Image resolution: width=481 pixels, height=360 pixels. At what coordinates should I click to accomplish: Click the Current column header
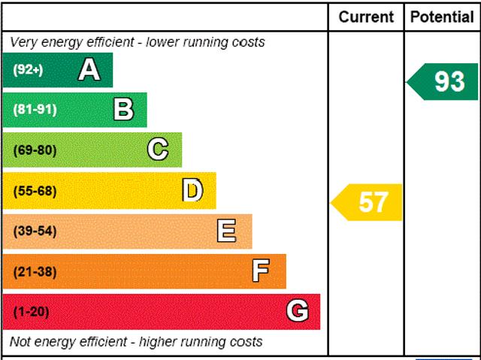[x=366, y=17]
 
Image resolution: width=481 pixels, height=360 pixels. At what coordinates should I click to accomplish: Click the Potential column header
[x=442, y=17]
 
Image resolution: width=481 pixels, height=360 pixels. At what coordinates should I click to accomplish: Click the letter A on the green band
[x=89, y=70]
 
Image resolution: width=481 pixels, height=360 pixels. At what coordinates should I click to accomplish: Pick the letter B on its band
[x=123, y=110]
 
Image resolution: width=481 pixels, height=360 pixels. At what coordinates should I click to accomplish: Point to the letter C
[x=158, y=150]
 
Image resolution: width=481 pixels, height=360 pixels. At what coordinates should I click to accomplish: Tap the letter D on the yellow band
[x=192, y=190]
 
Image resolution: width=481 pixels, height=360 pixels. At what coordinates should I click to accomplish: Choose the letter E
[x=226, y=231]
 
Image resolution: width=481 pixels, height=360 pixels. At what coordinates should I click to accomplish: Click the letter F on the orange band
[x=261, y=271]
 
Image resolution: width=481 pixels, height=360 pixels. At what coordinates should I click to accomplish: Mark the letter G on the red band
[x=298, y=311]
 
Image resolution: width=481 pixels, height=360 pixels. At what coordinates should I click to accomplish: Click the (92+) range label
[x=29, y=70]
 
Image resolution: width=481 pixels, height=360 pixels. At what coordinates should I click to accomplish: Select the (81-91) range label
[x=35, y=110]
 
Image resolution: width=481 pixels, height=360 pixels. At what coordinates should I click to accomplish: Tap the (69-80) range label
[x=35, y=150]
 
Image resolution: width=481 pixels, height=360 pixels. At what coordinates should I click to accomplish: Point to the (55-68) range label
[x=35, y=190]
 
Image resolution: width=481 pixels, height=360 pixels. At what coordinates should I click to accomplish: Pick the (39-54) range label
[x=35, y=231]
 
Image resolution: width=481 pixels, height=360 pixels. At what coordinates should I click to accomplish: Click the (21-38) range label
[x=35, y=271]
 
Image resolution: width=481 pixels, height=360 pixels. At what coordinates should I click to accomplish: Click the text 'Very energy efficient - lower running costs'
[x=138, y=42]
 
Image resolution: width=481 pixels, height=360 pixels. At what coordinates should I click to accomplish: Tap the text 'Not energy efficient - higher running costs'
[x=136, y=342]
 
